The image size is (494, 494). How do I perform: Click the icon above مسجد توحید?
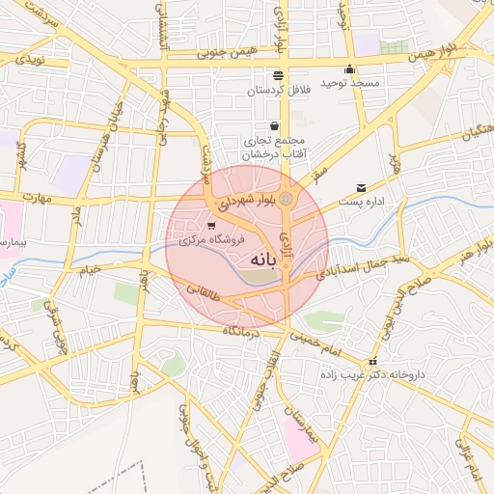coord(349,69)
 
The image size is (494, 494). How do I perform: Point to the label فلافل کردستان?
coord(277,90)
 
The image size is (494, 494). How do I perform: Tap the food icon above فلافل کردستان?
coord(278,75)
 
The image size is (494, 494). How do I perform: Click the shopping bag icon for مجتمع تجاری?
coord(275,125)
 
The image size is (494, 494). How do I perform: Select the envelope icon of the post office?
coord(361,188)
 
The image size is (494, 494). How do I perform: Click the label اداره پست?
coord(362,203)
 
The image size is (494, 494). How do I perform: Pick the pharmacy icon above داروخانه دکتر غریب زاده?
coord(373,362)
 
